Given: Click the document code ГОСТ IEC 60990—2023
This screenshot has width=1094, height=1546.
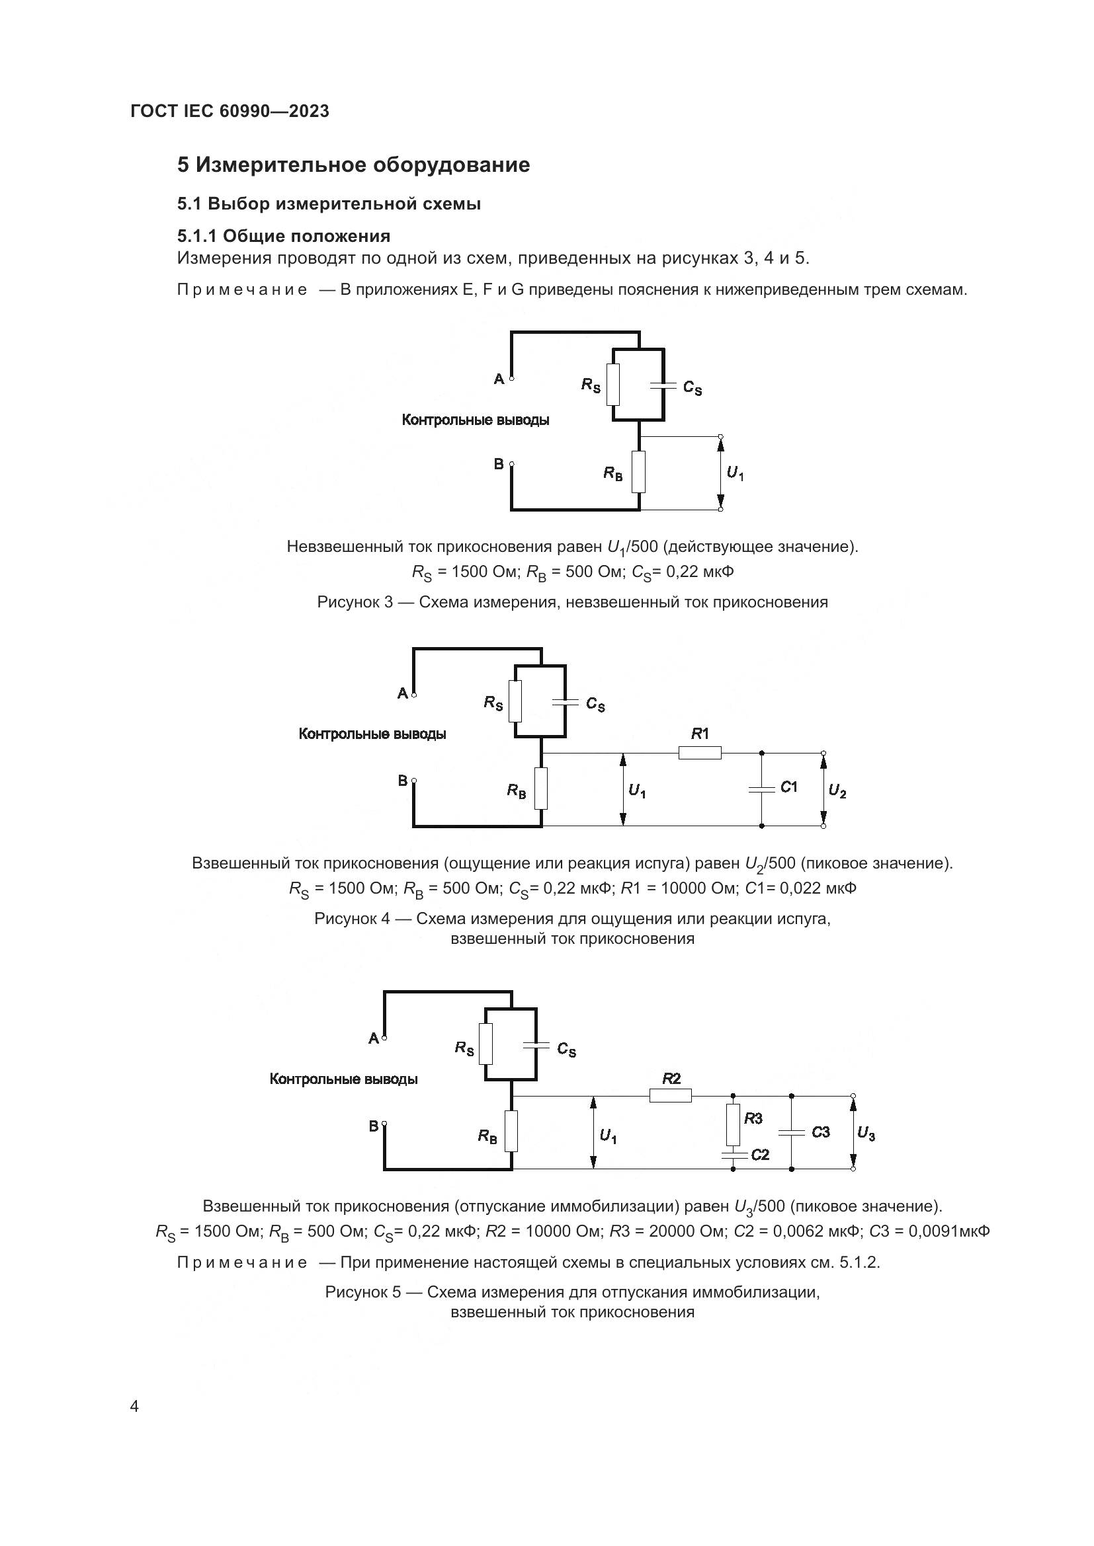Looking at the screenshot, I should pos(230,111).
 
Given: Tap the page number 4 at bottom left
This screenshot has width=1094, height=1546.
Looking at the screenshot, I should pos(134,1407).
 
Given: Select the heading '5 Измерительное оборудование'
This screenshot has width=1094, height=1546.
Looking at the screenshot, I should pos(353,165).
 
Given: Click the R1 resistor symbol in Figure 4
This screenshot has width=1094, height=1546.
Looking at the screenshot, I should pos(699,753).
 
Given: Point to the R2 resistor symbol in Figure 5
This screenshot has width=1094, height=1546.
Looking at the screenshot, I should pos(670,1096).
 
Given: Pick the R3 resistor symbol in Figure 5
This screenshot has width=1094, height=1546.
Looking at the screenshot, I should pos(733,1124).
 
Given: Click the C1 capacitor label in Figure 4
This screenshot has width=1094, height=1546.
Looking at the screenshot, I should pos(789,787).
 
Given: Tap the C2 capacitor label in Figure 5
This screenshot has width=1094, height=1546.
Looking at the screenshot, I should pos(760,1155).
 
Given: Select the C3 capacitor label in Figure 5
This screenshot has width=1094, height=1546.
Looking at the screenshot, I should pos(820,1132).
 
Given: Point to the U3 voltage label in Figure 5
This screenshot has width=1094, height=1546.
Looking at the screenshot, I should pos(866,1135).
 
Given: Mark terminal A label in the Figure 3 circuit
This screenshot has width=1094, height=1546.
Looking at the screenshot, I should pos(499,379).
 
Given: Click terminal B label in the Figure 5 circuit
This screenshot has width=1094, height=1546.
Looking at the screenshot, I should pos(373,1126).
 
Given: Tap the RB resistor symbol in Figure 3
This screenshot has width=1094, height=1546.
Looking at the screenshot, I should pos(639,472).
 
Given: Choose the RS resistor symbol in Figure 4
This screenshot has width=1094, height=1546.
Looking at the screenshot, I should pos(515,701).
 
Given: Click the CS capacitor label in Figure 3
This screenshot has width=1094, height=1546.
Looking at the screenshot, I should pos(693,388).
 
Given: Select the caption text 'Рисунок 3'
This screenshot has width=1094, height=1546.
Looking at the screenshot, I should pos(355,602).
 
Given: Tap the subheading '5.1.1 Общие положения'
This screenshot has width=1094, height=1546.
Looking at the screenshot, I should pos(284,236).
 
